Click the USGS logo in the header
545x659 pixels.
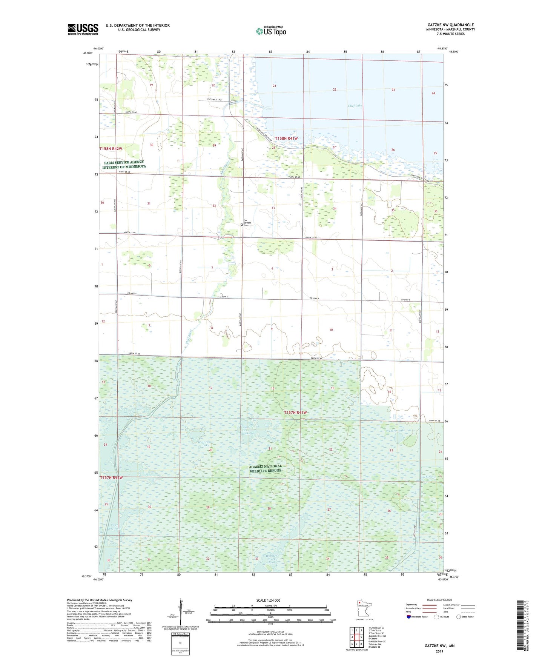(x=83, y=29)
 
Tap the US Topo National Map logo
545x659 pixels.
(x=271, y=31)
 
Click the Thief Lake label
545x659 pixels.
(x=355, y=106)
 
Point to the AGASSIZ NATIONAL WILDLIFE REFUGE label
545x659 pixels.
(x=266, y=468)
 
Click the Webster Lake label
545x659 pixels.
(x=395, y=431)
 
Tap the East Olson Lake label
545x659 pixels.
(x=246, y=430)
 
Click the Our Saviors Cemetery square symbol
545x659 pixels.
(x=242, y=225)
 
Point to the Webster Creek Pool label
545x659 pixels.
(x=272, y=559)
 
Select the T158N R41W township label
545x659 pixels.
(x=286, y=139)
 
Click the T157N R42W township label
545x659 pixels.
(x=111, y=477)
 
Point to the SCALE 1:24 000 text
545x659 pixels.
(x=268, y=600)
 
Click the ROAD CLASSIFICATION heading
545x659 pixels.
(x=439, y=600)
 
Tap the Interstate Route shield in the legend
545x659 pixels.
(x=409, y=617)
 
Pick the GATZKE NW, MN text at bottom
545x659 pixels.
(x=439, y=646)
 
